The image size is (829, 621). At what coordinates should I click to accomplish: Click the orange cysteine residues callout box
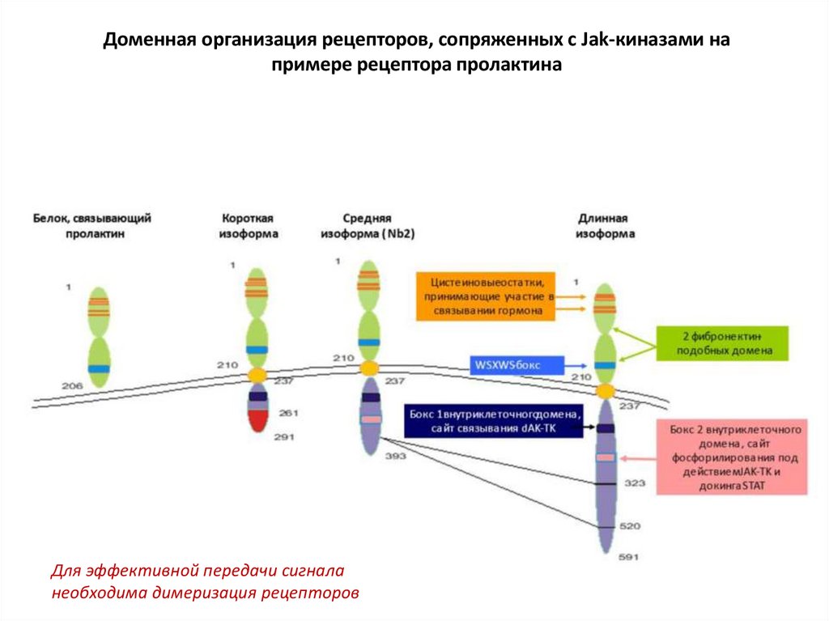point(486,296)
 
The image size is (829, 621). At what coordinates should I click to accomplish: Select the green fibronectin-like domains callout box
point(721,343)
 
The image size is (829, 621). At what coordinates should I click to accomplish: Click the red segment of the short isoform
point(258,419)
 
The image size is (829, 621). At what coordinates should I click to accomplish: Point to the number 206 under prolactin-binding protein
point(73,385)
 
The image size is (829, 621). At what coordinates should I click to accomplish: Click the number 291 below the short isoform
point(285,437)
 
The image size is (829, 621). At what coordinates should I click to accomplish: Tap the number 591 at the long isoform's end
point(629,558)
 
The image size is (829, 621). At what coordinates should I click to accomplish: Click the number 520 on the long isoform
point(630,526)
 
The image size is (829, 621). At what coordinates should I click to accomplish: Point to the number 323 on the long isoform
point(635,483)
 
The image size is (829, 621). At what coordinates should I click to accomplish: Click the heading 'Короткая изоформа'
point(249,226)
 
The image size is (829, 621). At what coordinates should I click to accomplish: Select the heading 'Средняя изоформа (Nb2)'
point(367,226)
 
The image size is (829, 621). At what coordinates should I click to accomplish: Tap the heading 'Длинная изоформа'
point(604,226)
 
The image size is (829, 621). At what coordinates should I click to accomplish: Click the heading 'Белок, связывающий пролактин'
point(92,226)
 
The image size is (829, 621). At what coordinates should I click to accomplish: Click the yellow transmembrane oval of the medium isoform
point(369,368)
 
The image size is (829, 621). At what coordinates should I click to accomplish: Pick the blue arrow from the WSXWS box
point(576,366)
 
